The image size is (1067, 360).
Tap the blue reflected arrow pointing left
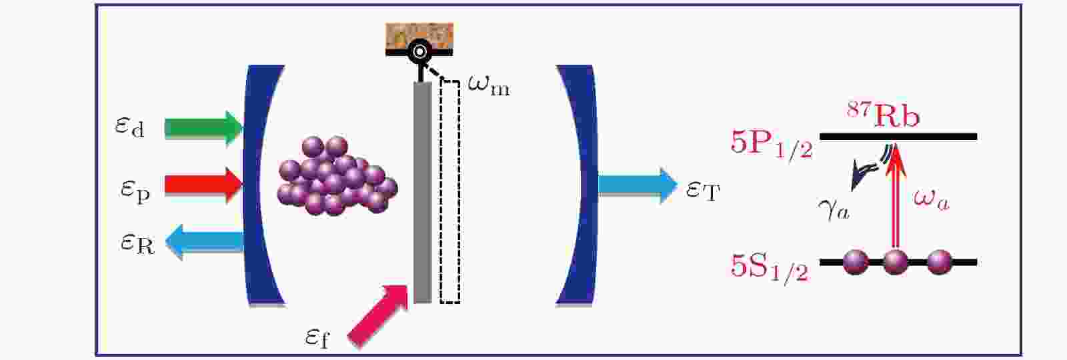click(205, 242)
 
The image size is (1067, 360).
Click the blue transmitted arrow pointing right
click(638, 185)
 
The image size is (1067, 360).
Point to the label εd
click(129, 127)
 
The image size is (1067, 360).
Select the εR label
click(137, 244)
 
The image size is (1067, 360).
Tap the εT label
click(703, 191)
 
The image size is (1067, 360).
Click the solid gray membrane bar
click(423, 193)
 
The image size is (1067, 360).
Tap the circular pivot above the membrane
click(419, 51)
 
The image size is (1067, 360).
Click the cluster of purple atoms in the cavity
click(337, 176)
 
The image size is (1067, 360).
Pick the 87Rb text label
click(883, 115)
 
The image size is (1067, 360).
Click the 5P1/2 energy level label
click(771, 144)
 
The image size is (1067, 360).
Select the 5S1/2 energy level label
click(770, 268)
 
